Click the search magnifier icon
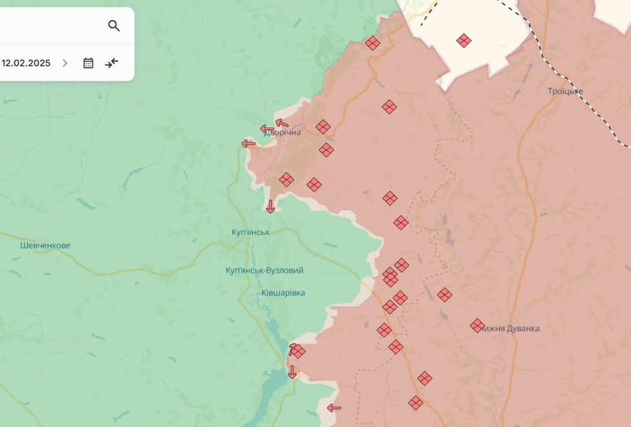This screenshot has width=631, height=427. (x=114, y=26)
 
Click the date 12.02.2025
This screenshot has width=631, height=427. (x=26, y=63)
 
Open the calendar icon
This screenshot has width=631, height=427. (x=88, y=63)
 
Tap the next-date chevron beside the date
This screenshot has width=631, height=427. (x=65, y=63)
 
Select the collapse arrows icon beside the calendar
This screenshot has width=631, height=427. (x=112, y=63)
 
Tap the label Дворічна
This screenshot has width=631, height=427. (x=283, y=133)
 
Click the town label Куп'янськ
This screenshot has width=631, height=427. (x=251, y=232)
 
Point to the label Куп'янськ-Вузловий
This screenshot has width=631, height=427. (x=264, y=270)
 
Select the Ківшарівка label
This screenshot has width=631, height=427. (x=283, y=293)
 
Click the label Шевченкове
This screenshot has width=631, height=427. (x=45, y=245)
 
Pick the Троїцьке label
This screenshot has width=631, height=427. (x=565, y=92)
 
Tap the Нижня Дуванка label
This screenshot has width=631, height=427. (x=511, y=328)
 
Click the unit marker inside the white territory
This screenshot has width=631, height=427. (x=464, y=40)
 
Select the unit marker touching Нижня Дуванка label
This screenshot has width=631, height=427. (x=477, y=326)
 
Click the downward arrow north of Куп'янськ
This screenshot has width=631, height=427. (x=271, y=207)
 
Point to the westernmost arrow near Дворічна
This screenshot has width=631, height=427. (x=249, y=144)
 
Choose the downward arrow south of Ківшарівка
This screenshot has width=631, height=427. (x=292, y=372)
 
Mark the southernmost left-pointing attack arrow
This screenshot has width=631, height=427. (x=334, y=408)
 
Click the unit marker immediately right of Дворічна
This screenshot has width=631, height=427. (x=323, y=127)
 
